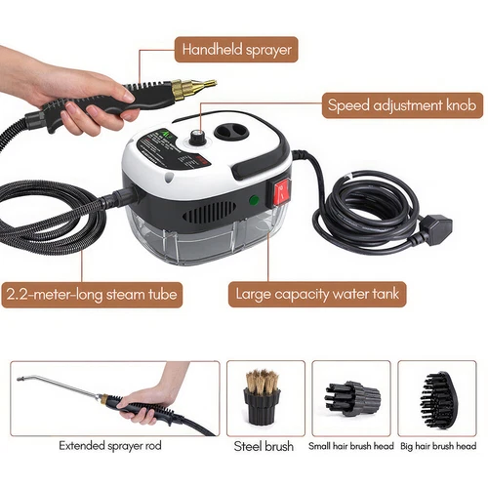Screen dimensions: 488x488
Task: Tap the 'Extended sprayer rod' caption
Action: point(109,445)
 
